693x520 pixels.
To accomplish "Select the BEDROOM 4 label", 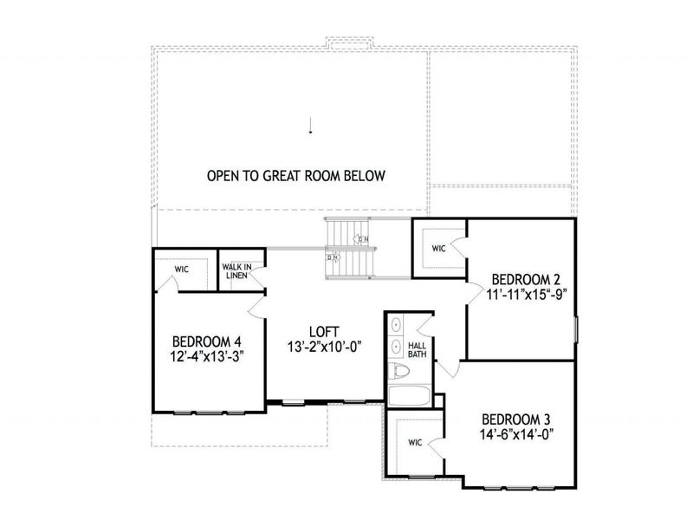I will [x=206, y=341].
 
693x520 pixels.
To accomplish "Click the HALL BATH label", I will [x=417, y=348].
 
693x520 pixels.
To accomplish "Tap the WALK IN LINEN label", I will [x=236, y=271].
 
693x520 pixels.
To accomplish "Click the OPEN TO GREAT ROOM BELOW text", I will [x=295, y=176].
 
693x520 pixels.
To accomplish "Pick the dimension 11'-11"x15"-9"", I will [x=527, y=294].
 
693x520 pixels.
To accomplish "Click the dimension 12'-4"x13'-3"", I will [x=206, y=354].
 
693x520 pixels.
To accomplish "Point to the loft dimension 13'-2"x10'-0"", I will [x=323, y=346].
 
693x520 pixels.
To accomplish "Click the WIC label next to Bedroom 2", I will [x=438, y=249].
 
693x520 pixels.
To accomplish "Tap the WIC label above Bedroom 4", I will [x=181, y=270].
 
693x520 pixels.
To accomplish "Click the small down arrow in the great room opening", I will [x=309, y=128].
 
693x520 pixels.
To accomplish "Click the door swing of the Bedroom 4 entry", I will [x=256, y=307].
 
